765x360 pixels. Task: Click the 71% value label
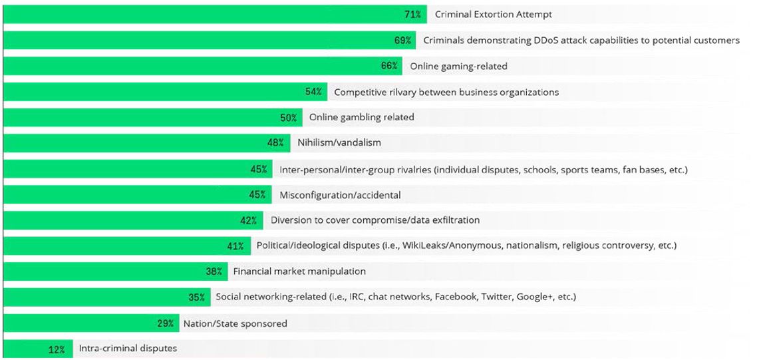[x=412, y=14]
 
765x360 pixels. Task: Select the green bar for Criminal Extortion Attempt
[x=200, y=14]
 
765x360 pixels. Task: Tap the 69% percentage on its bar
[x=402, y=40]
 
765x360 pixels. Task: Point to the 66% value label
[x=390, y=66]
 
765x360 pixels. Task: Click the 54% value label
[x=314, y=92]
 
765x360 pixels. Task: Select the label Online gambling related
[x=361, y=117]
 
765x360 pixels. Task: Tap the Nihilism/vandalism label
[x=339, y=143]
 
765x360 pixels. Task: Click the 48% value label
[x=275, y=143]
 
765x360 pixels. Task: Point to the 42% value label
[x=249, y=220]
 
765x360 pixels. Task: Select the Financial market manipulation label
[x=299, y=271]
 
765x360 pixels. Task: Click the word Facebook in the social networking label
[x=455, y=297]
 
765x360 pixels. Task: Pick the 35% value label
[x=197, y=297]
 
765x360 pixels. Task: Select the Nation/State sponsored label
[x=235, y=323]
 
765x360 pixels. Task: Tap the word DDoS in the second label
[x=545, y=40]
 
